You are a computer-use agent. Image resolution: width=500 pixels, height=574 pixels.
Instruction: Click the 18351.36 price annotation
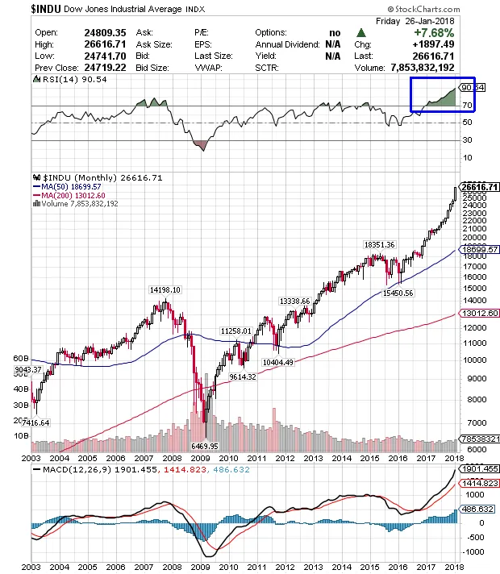pos(380,244)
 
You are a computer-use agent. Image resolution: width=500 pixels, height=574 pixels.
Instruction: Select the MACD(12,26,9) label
pos(74,468)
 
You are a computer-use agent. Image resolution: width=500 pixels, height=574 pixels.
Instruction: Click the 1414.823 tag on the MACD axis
pos(479,482)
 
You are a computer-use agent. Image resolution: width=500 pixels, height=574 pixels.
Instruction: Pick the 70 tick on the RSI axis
pos(466,106)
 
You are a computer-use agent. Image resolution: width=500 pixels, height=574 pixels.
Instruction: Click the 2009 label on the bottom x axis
pos(201,568)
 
